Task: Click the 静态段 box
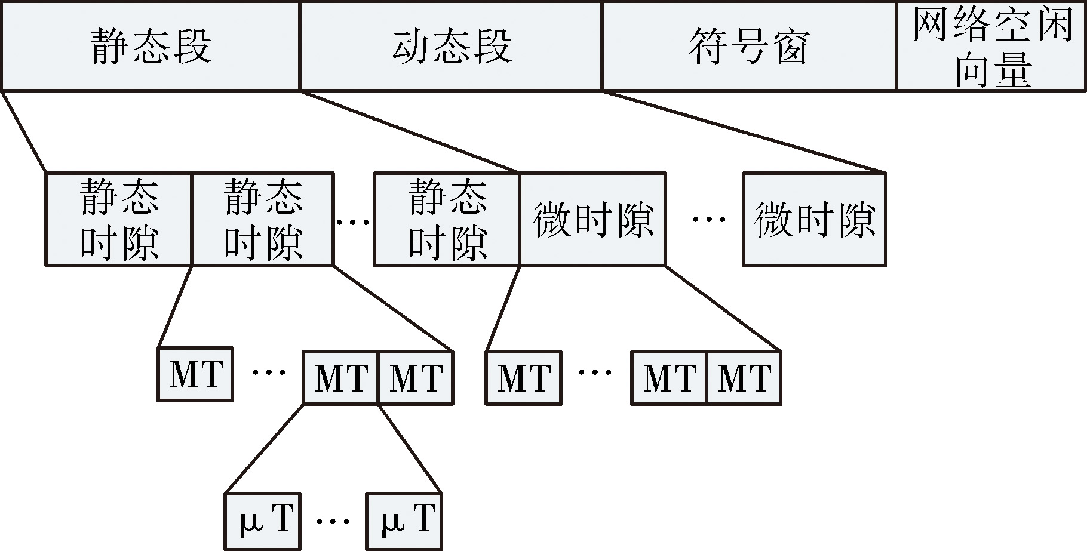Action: point(151,46)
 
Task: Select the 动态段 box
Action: point(451,46)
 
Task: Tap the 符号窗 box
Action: point(750,46)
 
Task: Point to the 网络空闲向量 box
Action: point(991,46)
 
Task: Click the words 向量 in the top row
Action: point(993,70)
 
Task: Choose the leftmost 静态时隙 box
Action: point(119,219)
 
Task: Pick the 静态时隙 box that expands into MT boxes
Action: point(263,219)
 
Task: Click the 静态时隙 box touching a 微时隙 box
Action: point(447,219)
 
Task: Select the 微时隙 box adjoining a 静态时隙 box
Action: point(592,219)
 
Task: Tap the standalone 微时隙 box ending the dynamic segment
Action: point(815,219)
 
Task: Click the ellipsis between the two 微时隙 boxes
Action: point(709,220)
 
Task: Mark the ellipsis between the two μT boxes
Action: point(333,521)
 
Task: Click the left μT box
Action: point(262,521)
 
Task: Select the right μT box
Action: point(404,521)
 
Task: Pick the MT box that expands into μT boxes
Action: point(341,378)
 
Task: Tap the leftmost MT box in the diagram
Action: point(195,374)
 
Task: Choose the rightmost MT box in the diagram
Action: point(744,378)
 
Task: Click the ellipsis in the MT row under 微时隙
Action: point(595,373)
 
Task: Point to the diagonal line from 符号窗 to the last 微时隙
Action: point(744,132)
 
